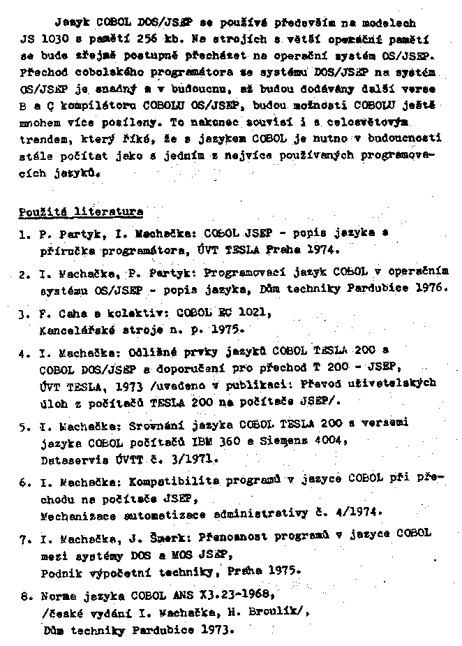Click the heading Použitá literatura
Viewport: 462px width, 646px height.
tap(81, 211)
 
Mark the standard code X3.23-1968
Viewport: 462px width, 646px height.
tap(230, 595)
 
